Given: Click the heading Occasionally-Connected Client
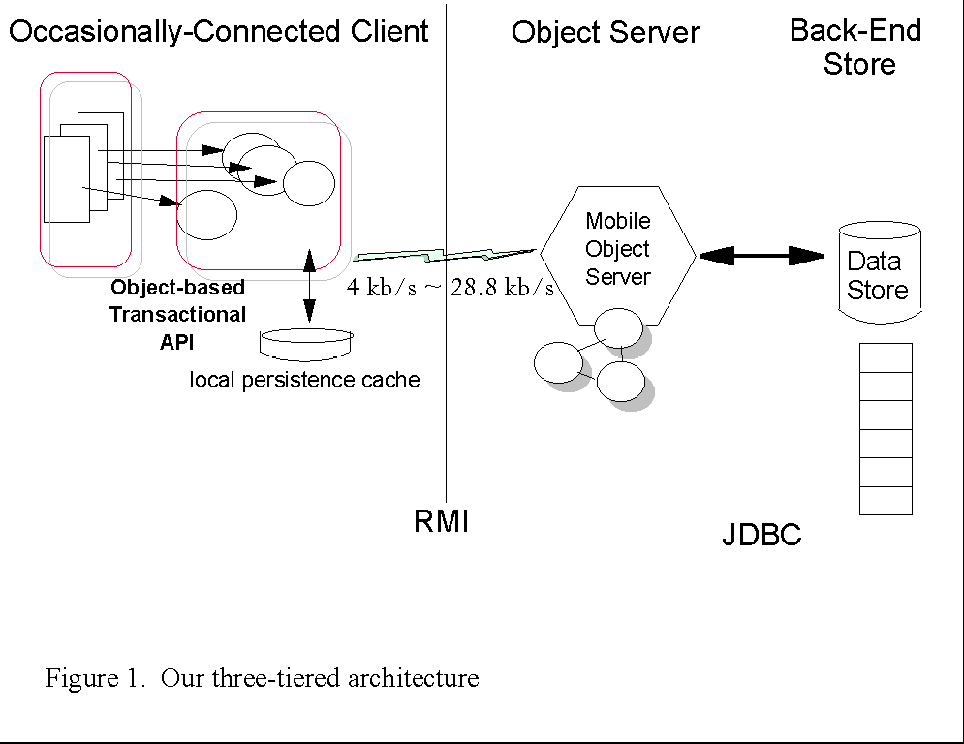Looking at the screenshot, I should [219, 31].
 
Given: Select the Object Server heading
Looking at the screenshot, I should [606, 32].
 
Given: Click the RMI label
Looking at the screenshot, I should [442, 522].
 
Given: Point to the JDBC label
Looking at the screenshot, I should [762, 535].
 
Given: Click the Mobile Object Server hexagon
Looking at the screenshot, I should [618, 250].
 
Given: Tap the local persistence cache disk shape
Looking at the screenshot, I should [308, 341].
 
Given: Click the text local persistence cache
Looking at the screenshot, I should [305, 380].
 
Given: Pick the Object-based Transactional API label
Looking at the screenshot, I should [177, 315].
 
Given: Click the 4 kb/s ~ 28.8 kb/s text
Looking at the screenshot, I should [451, 288].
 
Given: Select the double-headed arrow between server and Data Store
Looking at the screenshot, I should [761, 256].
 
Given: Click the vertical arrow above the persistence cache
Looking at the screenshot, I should [309, 286].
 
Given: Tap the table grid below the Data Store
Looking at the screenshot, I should [886, 428].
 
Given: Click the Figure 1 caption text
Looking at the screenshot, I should [262, 678].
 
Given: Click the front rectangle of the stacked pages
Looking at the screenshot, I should [67, 179].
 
